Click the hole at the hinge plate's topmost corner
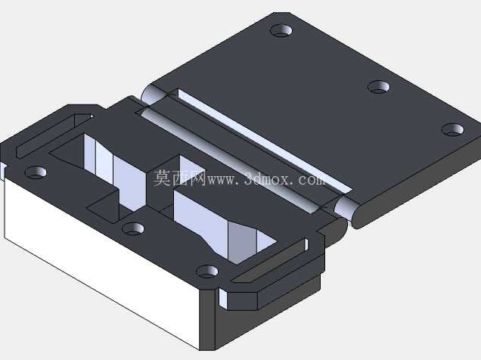(x=281, y=30)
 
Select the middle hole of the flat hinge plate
(x=379, y=86)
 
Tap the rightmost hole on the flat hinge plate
(x=453, y=129)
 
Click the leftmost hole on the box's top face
(x=36, y=172)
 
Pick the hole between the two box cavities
(x=133, y=228)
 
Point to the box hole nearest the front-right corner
(x=207, y=272)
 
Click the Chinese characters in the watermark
(x=179, y=178)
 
